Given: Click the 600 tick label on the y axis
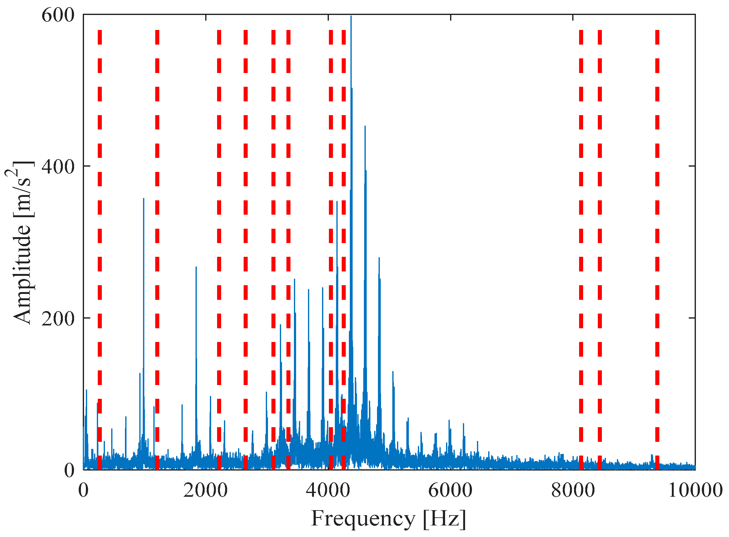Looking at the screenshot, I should point(58,16).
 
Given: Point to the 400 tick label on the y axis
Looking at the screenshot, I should point(58,167).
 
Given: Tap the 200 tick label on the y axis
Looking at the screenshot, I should point(58,319).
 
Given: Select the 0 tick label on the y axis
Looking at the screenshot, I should point(69,470).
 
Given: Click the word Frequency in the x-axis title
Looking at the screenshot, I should point(363,519).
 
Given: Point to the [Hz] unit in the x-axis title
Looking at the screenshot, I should point(444,519).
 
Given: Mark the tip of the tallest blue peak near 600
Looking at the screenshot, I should point(351,16).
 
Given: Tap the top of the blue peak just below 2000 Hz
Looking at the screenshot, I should point(196,267).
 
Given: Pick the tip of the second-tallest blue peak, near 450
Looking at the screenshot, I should point(365,126).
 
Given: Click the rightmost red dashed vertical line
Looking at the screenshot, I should point(657,247).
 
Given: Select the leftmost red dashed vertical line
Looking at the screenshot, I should point(100,247).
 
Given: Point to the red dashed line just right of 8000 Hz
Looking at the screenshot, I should point(581,247).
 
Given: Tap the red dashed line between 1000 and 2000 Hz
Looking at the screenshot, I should point(157,247).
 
